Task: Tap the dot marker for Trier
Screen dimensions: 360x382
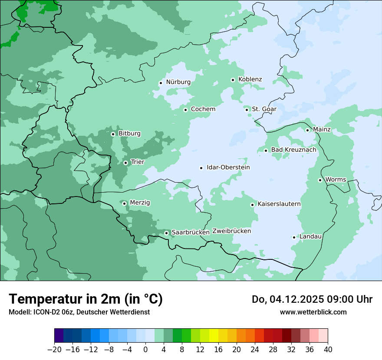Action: pyautogui.click(x=125, y=163)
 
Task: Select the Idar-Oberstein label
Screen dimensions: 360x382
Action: pyautogui.click(x=228, y=167)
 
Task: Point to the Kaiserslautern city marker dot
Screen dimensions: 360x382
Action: pyautogui.click(x=252, y=205)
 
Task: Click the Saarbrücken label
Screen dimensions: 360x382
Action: pyautogui.click(x=191, y=232)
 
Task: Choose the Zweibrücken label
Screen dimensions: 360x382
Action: pyautogui.click(x=231, y=231)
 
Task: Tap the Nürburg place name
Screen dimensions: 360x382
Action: pyautogui.click(x=178, y=82)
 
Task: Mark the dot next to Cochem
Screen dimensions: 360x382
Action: pyautogui.click(x=185, y=110)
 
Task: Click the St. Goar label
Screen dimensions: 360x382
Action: pyautogui.click(x=264, y=109)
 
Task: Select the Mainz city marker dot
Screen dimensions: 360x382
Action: pyautogui.click(x=307, y=130)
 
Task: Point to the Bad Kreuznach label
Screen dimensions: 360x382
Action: pyautogui.click(x=293, y=150)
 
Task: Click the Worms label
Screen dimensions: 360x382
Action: pyautogui.click(x=336, y=180)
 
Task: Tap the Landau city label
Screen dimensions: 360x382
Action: pyautogui.click(x=310, y=236)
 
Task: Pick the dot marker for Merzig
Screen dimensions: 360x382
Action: pyautogui.click(x=124, y=203)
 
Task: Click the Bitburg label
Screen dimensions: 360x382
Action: pyautogui.click(x=129, y=134)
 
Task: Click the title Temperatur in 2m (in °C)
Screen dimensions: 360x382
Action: pyautogui.click(x=86, y=299)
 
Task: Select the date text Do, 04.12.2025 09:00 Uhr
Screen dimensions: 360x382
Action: pyautogui.click(x=312, y=299)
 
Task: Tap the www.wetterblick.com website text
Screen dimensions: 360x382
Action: pyautogui.click(x=313, y=312)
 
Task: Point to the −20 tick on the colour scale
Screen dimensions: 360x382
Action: pyautogui.click(x=54, y=350)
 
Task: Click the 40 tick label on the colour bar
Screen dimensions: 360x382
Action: pyautogui.click(x=328, y=350)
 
